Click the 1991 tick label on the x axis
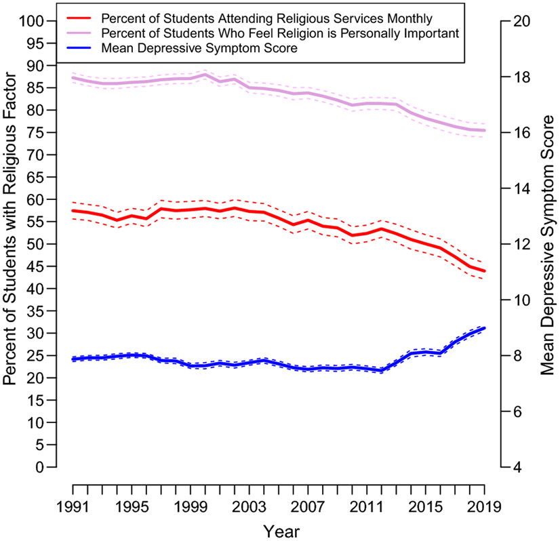[73, 506]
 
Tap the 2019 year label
[484, 506]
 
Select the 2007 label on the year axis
[308, 506]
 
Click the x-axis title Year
[281, 532]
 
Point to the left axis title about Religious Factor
[9, 229]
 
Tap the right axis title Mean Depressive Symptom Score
[547, 245]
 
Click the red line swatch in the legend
[78, 18]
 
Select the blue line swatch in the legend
[78, 48]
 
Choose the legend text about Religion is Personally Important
[280, 33]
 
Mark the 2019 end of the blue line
[484, 328]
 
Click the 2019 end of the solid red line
[484, 271]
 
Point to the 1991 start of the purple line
[73, 77]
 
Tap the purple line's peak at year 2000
[205, 75]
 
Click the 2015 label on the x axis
[426, 506]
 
